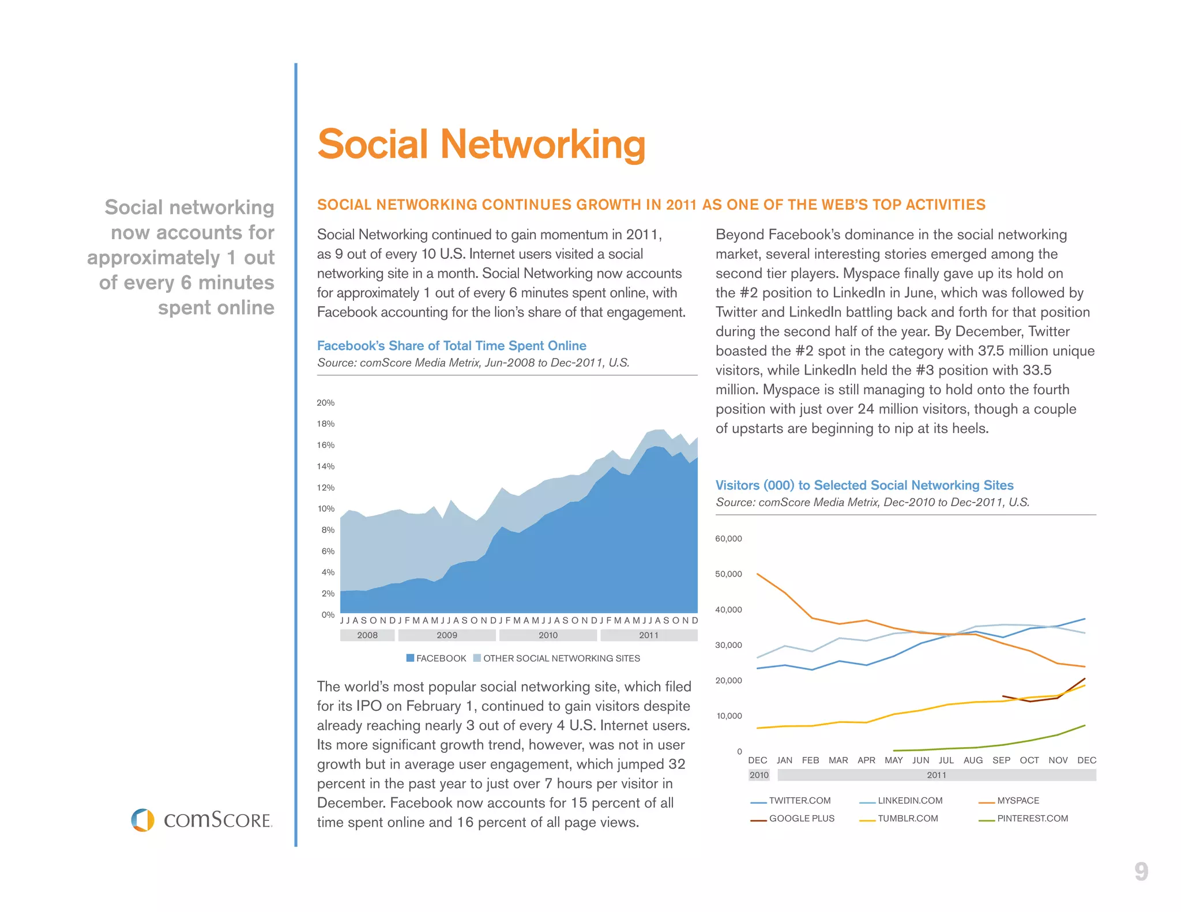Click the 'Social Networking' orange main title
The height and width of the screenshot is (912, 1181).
click(x=481, y=144)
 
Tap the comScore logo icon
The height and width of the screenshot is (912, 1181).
click(x=142, y=820)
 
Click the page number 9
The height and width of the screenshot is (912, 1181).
click(x=1141, y=872)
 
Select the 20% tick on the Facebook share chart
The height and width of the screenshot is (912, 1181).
click(x=325, y=402)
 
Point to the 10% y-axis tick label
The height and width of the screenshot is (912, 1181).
click(x=325, y=508)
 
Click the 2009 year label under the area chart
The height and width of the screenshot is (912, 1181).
click(x=447, y=635)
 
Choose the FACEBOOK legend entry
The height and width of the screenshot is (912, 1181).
click(x=437, y=658)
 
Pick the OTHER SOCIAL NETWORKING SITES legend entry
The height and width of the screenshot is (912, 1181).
click(x=556, y=658)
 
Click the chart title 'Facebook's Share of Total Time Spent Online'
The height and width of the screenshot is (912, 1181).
click(x=452, y=345)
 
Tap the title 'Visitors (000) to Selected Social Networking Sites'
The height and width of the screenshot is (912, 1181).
click(x=864, y=485)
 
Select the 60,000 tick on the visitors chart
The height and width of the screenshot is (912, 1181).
click(x=728, y=538)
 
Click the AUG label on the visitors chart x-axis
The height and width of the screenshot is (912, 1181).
click(x=973, y=760)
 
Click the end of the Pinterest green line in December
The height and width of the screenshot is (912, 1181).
click(x=1085, y=725)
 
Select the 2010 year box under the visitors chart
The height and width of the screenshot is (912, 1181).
click(x=759, y=775)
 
